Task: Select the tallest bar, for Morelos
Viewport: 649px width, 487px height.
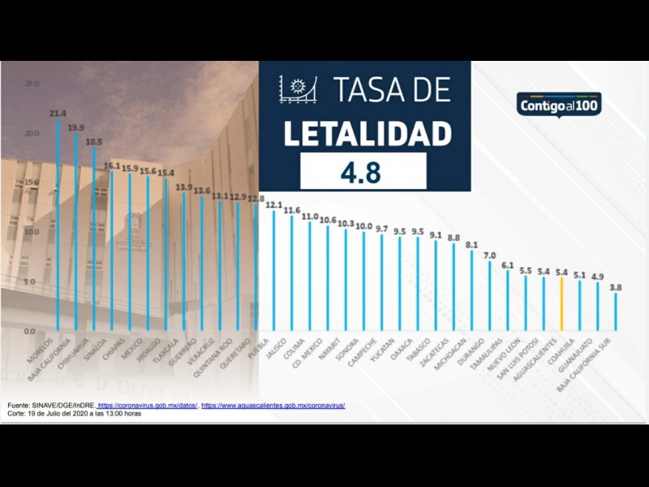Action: (x=58, y=227)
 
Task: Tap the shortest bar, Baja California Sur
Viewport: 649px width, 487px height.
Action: (x=616, y=312)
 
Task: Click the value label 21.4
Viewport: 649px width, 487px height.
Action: (x=58, y=114)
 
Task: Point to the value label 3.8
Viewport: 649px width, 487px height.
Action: (x=616, y=287)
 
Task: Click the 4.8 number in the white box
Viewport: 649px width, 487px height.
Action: (x=363, y=171)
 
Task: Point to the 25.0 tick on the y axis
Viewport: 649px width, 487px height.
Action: (x=32, y=84)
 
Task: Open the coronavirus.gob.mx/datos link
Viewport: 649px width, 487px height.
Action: (x=147, y=405)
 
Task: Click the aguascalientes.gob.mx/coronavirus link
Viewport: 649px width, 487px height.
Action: (x=273, y=405)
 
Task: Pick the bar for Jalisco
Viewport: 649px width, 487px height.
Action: (x=291, y=274)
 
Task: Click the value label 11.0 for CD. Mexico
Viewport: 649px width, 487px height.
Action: (x=309, y=217)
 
